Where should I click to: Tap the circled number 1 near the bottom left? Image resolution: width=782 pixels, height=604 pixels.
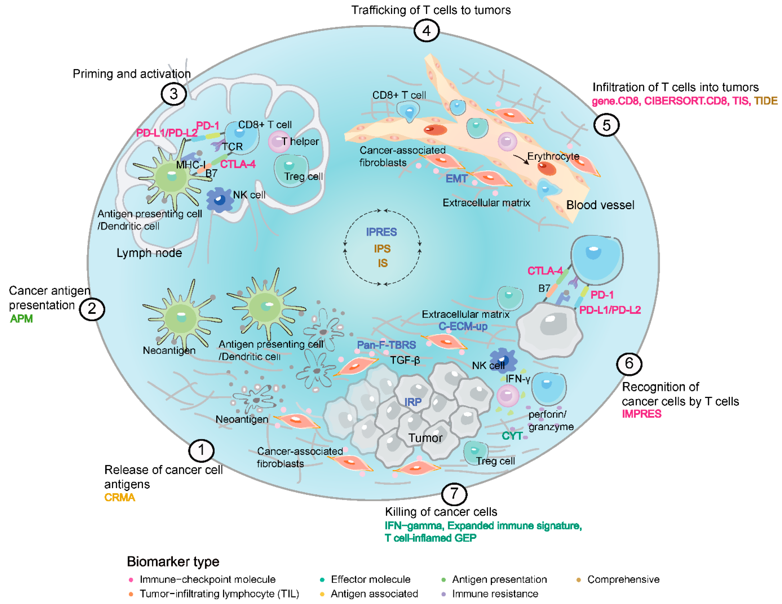click(x=201, y=450)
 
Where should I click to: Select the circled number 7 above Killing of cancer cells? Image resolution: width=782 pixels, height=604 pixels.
click(x=454, y=494)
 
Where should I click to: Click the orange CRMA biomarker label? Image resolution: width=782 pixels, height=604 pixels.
click(x=120, y=497)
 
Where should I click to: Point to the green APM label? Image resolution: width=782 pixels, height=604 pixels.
click(x=21, y=318)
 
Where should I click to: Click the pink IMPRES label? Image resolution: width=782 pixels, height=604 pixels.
click(x=641, y=414)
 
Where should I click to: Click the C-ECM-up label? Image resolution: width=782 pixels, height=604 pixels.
click(x=463, y=326)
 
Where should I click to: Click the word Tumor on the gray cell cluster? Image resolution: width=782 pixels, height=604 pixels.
click(x=425, y=438)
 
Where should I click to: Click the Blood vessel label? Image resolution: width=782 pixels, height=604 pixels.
click(x=600, y=205)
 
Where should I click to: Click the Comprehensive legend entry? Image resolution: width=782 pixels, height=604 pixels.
click(x=623, y=579)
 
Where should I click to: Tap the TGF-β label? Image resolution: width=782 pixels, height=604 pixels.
click(x=405, y=360)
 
